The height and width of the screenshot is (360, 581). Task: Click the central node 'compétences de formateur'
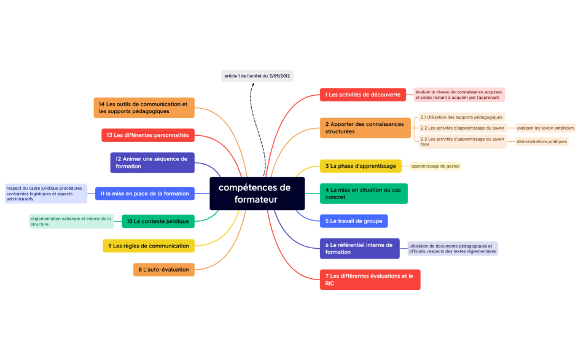(x=257, y=194)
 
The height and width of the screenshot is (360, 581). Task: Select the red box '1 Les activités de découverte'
(x=362, y=95)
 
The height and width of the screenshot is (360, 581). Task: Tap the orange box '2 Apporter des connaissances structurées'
(x=365, y=128)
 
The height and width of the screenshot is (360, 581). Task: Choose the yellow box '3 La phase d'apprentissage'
(x=361, y=166)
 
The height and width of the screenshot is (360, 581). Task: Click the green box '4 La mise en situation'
(x=364, y=194)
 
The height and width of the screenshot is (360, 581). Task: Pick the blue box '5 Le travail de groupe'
(x=354, y=221)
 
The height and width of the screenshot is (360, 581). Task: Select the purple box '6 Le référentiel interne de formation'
(x=359, y=248)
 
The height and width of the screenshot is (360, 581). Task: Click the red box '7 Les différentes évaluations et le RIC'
(x=370, y=280)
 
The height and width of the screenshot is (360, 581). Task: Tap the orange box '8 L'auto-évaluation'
(x=164, y=269)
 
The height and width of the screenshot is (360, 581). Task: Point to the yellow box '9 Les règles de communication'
(x=149, y=246)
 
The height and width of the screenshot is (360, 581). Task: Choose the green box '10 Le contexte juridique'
(x=158, y=221)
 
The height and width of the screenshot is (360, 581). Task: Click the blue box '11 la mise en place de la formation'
(x=145, y=194)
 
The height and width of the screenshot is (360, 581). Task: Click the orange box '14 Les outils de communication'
(x=144, y=108)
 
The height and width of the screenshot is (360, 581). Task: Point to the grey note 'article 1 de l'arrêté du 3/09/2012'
(x=257, y=76)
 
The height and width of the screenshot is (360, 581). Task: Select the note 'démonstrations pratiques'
(x=541, y=141)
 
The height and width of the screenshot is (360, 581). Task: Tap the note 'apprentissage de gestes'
(x=435, y=166)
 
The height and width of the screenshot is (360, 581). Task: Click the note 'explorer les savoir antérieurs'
(x=545, y=128)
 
